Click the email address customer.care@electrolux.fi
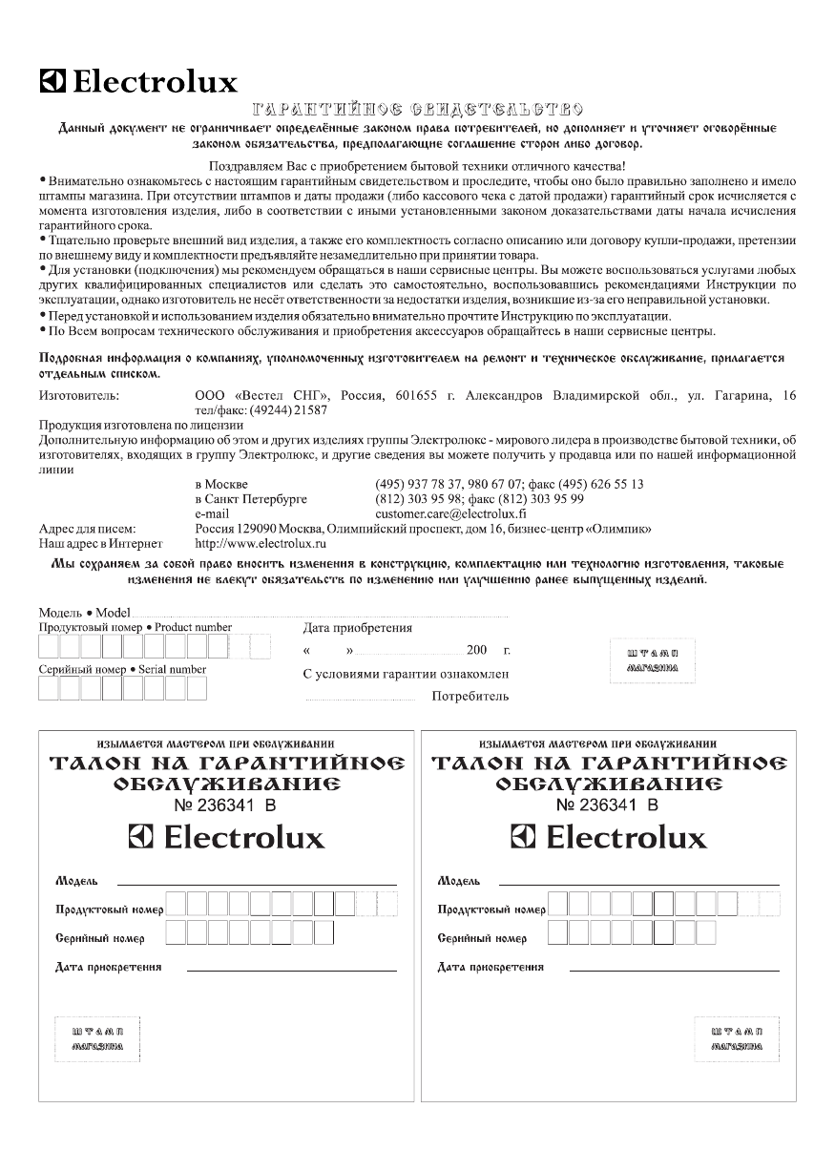pyautogui.click(x=455, y=512)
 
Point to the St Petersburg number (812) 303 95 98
pyautogui.click(x=419, y=498)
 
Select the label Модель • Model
pyautogui.click(x=84, y=612)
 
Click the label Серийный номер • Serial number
pyautogui.click(x=122, y=669)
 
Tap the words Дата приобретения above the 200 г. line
pyautogui.click(x=357, y=628)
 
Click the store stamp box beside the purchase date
pyautogui.click(x=652, y=660)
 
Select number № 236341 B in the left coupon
pyautogui.click(x=225, y=805)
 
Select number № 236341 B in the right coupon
pyautogui.click(x=608, y=805)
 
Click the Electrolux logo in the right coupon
pyautogui.click(x=609, y=838)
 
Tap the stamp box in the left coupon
pyautogui.click(x=96, y=1038)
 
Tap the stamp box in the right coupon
pyautogui.click(x=736, y=1038)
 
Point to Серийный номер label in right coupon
pyautogui.click(x=482, y=938)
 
